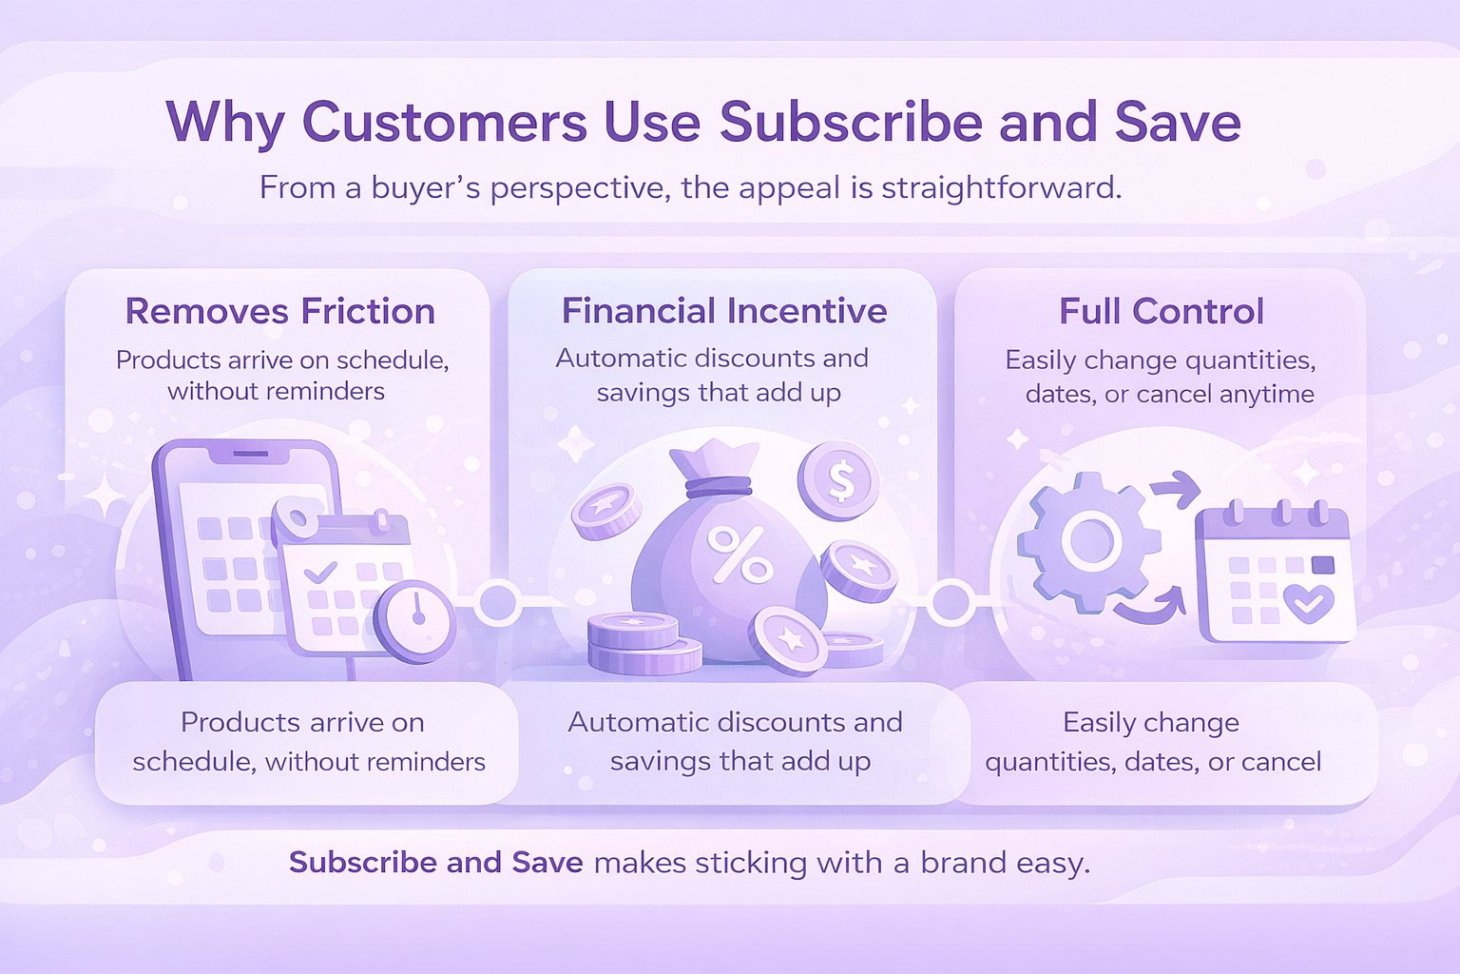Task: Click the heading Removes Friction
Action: click(280, 311)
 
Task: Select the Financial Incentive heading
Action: click(724, 310)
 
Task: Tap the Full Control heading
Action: click(1161, 311)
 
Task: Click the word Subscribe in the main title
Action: click(852, 122)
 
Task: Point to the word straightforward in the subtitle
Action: click(1002, 188)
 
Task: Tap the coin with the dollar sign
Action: click(839, 480)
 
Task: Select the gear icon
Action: click(1089, 543)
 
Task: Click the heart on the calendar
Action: click(1308, 603)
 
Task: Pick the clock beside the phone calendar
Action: click(415, 622)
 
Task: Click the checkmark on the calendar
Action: click(320, 573)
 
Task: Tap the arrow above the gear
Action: click(1177, 489)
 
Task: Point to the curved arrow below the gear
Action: click(1150, 610)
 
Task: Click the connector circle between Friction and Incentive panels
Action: click(498, 602)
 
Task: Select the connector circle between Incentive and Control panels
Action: click(951, 601)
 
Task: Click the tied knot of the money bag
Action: click(718, 486)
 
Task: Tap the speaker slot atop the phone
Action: click(250, 454)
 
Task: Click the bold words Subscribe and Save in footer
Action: click(436, 863)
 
